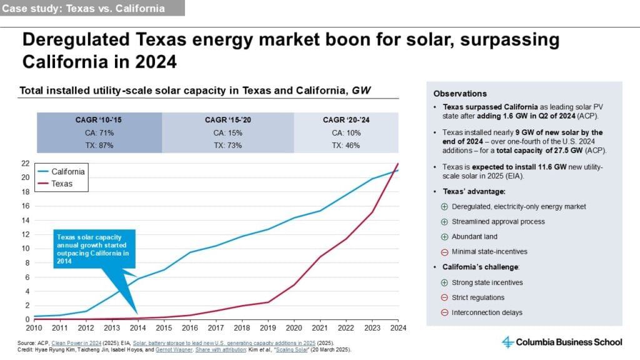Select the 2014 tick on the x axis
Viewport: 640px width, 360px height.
pyautogui.click(x=138, y=327)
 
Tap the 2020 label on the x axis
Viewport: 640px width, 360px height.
pyautogui.click(x=294, y=327)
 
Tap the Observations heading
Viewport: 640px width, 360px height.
pyautogui.click(x=460, y=93)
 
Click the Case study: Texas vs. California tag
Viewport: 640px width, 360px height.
pyautogui.click(x=84, y=9)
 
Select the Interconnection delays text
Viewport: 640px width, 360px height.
pyautogui.click(x=487, y=312)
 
